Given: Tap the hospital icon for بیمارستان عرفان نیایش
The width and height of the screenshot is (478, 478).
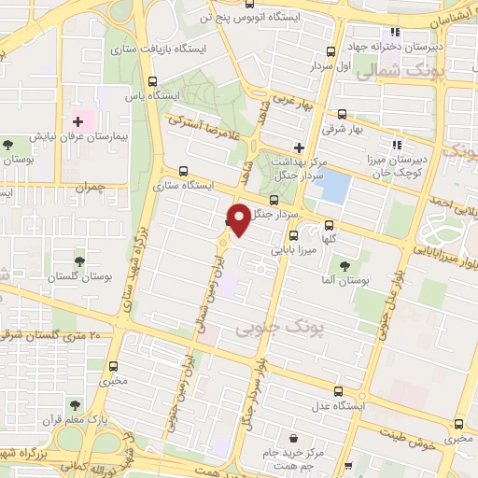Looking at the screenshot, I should [x=78, y=122].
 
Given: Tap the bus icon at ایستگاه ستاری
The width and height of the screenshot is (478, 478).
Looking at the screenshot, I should [x=182, y=172].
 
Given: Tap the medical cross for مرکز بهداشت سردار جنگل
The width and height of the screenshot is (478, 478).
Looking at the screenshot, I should [x=299, y=147].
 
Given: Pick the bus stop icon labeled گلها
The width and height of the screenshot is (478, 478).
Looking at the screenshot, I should [x=329, y=225].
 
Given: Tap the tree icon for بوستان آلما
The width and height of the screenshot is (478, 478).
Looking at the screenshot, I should [x=344, y=268].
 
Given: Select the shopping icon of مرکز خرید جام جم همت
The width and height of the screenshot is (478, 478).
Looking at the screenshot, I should [x=294, y=437].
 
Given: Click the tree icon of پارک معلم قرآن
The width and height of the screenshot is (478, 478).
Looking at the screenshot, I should [x=75, y=405].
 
